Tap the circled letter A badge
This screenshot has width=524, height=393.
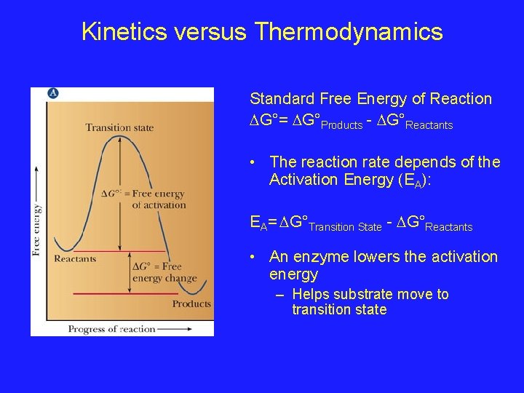click(x=53, y=93)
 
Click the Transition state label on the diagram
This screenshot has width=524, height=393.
click(x=119, y=127)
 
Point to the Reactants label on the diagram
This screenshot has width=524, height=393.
click(x=75, y=258)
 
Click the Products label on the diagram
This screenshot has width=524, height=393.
click(x=191, y=303)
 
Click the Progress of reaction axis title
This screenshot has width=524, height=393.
click(x=112, y=329)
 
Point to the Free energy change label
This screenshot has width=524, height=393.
click(x=164, y=272)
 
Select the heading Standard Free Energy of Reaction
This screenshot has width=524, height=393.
click(x=370, y=98)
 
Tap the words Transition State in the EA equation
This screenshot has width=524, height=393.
click(x=345, y=227)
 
